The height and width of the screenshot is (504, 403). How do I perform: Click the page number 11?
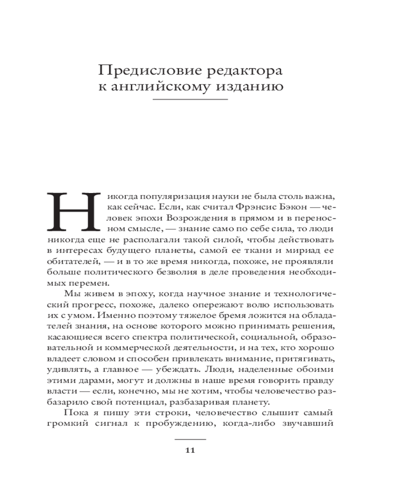coord(190,451)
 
